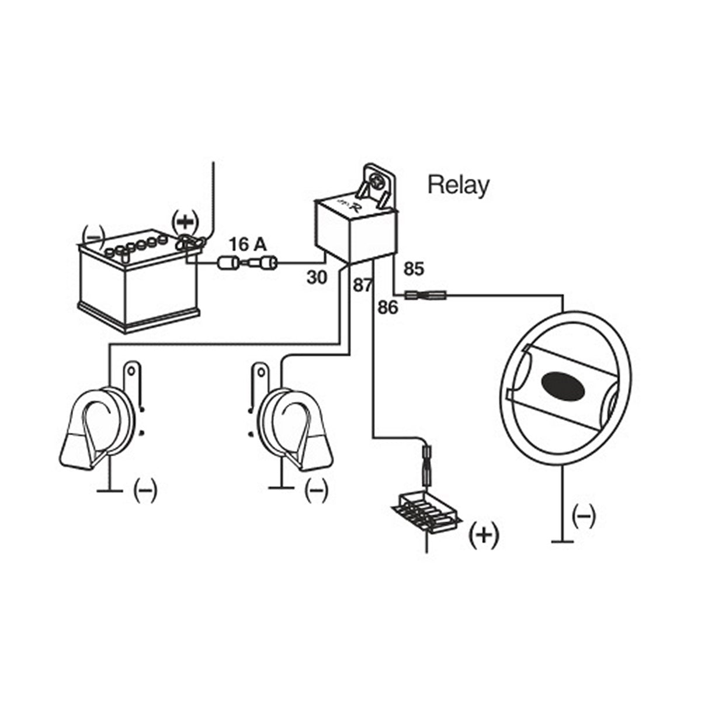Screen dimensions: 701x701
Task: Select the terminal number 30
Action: click(x=317, y=277)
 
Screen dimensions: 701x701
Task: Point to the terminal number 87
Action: click(x=362, y=285)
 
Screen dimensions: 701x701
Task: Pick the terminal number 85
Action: click(x=414, y=269)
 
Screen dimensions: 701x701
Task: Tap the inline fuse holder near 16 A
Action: click(x=248, y=264)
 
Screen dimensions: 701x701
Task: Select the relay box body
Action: click(x=353, y=231)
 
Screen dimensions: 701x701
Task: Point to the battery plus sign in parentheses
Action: click(x=186, y=223)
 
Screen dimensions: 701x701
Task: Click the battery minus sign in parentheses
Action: click(x=93, y=235)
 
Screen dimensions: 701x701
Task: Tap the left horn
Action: click(x=102, y=426)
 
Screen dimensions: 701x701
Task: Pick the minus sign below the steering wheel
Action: click(x=584, y=515)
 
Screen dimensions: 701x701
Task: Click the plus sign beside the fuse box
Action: click(x=484, y=535)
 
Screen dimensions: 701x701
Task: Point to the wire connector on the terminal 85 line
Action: click(x=428, y=296)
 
